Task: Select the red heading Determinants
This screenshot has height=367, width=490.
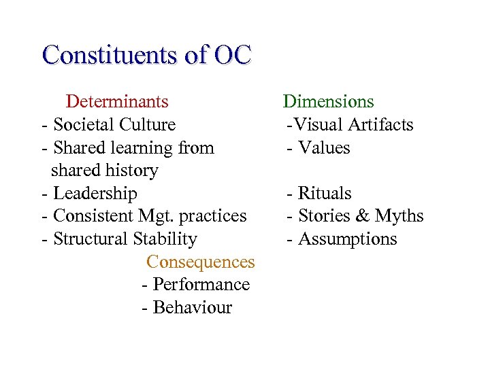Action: (x=117, y=102)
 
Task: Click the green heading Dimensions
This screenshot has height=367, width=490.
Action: (x=328, y=102)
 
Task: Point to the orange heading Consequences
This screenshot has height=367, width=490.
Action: (x=200, y=262)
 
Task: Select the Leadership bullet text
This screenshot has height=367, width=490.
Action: (x=95, y=194)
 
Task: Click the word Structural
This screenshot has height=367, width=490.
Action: (x=88, y=239)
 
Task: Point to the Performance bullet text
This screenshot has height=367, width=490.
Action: (x=201, y=285)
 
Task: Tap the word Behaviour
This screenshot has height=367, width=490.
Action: (x=193, y=308)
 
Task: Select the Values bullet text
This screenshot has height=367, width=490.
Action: (x=324, y=147)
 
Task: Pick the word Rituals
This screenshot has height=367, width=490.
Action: (x=325, y=194)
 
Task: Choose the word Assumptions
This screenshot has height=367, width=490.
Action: (x=348, y=239)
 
